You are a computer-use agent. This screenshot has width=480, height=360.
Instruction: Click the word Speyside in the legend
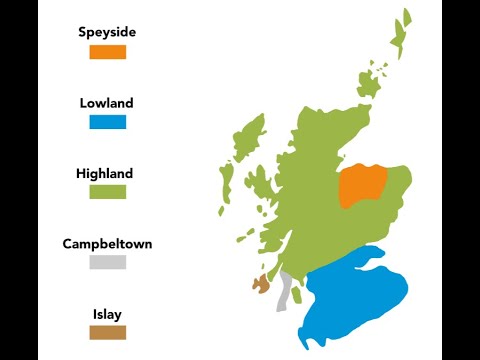pos(107,32)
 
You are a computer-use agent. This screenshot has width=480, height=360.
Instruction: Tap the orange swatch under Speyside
pos(107,52)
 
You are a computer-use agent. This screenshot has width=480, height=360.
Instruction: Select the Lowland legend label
pos(107,103)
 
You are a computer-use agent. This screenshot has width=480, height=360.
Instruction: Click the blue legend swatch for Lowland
pos(107,122)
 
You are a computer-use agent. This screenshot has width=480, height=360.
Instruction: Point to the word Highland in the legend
pos(104,173)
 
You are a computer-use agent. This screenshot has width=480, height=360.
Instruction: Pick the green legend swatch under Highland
pos(107,192)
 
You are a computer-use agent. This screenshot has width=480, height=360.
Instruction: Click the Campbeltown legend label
pos(107,243)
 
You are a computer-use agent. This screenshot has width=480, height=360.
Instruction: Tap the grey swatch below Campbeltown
pos(107,262)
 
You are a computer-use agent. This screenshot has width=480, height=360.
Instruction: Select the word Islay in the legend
pos(107,313)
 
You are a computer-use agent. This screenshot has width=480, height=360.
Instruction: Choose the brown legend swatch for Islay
pos(107,332)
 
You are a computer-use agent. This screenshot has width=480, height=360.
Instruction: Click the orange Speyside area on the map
pos(362,186)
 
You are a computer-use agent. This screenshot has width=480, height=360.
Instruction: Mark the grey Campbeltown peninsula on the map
pos(284,291)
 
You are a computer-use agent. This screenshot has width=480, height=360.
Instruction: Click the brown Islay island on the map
pos(262,285)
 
